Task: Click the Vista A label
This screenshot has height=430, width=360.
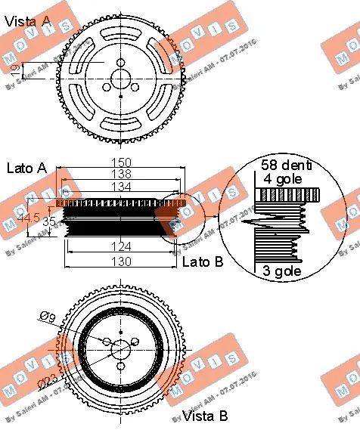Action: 28,22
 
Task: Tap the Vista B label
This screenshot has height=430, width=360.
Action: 206,414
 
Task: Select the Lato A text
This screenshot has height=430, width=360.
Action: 26,168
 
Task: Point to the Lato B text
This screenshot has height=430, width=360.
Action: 203,261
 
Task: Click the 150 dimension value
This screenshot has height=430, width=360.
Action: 123,162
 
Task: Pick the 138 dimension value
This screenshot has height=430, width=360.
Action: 123,174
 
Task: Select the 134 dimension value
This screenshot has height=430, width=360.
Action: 123,187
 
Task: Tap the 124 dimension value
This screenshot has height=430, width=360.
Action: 121,246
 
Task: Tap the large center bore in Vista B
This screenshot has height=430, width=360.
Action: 121,349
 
